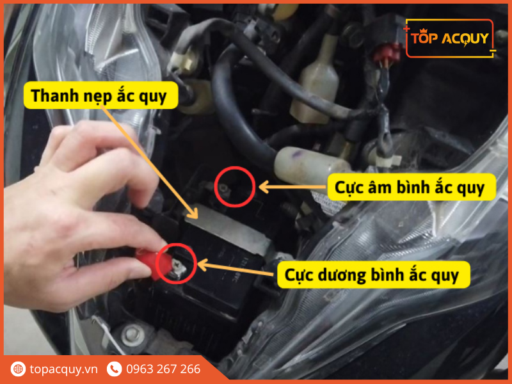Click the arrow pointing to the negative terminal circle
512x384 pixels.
coord(291,188)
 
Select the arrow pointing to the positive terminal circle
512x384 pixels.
coord(237,268)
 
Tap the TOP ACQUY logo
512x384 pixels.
coord(451,38)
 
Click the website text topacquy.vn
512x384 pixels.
coord(63,369)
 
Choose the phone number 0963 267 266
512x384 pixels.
coord(163,369)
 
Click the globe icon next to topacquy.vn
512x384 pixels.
coord(18,369)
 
